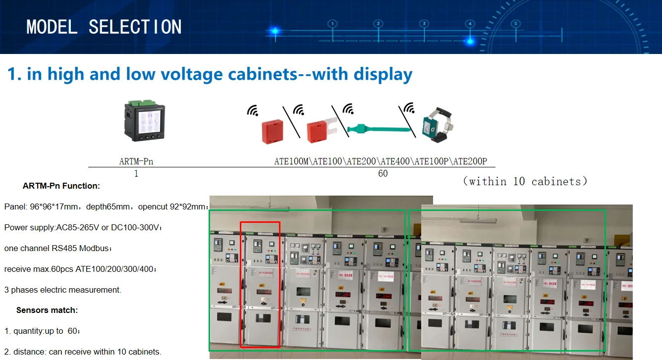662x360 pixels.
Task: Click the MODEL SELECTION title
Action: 104,27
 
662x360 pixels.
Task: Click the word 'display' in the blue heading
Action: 383,74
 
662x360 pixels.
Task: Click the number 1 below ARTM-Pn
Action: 136,174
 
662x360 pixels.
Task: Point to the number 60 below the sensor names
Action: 383,174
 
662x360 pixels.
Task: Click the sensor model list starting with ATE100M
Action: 381,161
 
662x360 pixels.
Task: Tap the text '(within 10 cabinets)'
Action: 525,181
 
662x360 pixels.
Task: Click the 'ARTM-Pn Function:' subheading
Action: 61,186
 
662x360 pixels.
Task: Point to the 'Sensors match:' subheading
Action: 47,310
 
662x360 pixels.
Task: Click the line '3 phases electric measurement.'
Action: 62,290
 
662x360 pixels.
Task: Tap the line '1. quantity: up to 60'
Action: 42,331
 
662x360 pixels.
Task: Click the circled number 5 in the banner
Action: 515,24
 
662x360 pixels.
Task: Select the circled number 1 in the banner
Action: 332,24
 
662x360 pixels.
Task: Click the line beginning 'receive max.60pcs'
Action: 80,269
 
